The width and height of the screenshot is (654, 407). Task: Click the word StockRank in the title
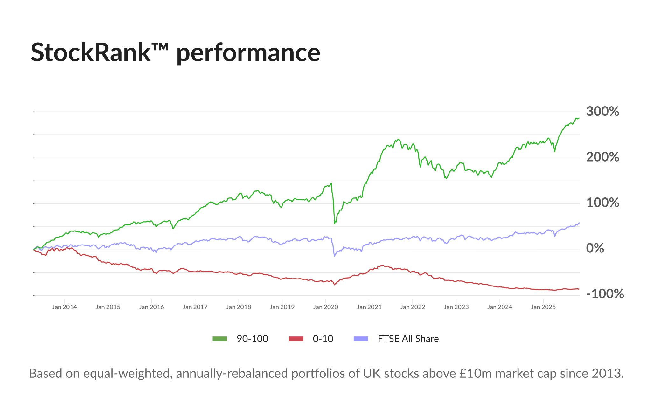point(90,52)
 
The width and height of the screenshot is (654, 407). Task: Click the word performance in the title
point(248,53)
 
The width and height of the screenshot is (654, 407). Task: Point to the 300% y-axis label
point(602,112)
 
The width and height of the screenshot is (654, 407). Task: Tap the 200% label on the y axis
point(602,157)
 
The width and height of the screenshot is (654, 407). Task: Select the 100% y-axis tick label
point(602,203)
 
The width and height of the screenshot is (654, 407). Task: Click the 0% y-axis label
point(595,248)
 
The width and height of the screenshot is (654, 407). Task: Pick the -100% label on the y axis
point(605,294)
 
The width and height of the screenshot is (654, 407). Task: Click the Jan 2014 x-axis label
point(64,307)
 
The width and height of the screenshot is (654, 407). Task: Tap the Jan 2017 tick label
point(195,307)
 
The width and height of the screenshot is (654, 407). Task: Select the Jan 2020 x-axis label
point(325,307)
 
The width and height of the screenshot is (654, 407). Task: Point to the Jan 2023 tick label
point(456,307)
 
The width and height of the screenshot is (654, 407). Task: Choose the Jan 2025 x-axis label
point(543,307)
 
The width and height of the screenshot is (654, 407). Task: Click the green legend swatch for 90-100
point(220,339)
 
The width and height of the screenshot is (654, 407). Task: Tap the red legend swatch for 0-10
point(296,339)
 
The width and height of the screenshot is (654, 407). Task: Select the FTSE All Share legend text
point(408,339)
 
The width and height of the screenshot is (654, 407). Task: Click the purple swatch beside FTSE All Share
point(361,339)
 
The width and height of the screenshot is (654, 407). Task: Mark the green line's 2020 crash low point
point(335,223)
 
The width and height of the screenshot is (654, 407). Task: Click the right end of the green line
point(579,118)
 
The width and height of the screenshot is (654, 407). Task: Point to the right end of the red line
point(579,289)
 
